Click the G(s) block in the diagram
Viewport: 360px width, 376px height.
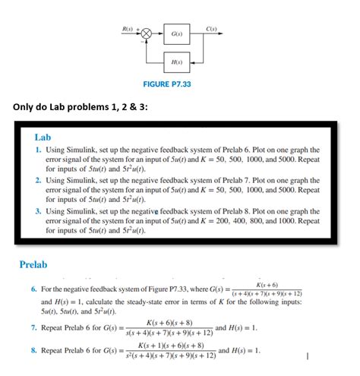175,34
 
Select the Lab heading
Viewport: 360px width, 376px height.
43,137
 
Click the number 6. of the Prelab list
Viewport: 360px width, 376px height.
34,290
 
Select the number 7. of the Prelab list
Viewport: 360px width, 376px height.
34,328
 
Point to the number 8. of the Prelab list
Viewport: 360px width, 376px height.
34,352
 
